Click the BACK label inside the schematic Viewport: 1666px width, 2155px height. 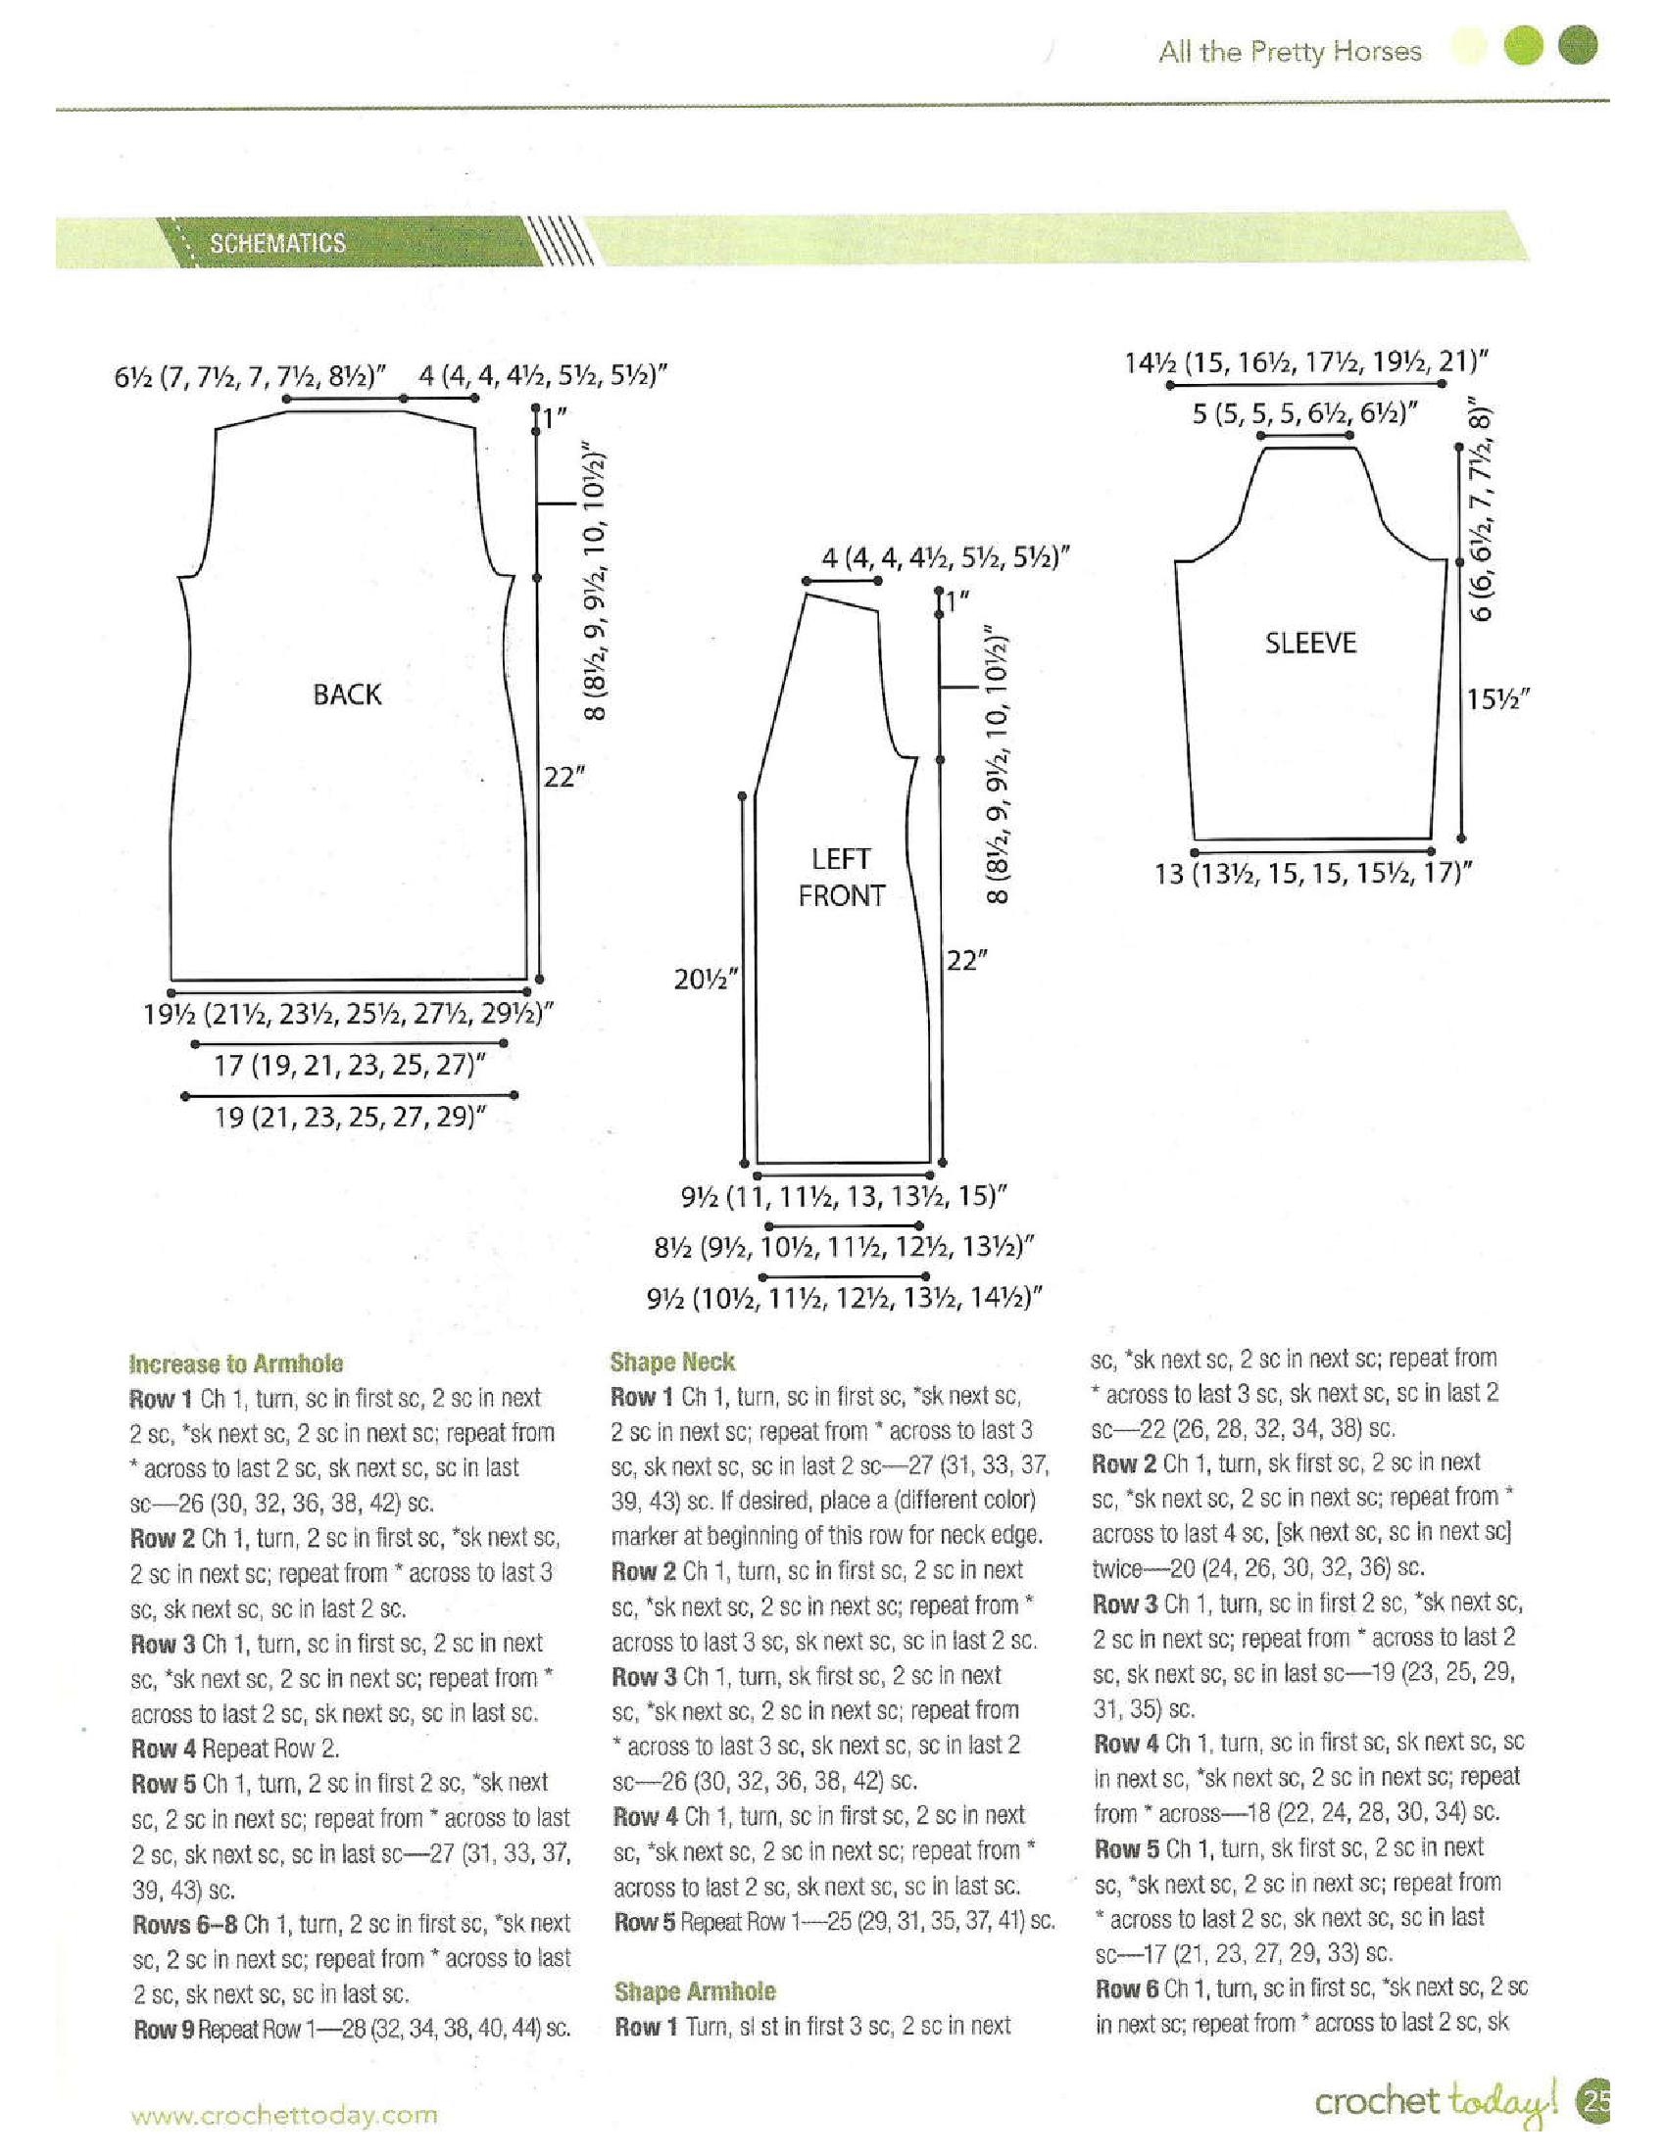coord(346,694)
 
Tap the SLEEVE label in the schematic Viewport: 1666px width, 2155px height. coord(1310,644)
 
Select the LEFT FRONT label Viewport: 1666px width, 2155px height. coord(841,878)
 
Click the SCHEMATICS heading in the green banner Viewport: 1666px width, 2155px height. coord(277,244)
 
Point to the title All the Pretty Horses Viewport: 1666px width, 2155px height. coord(1290,52)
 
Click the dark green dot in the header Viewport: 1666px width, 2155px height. coord(1577,46)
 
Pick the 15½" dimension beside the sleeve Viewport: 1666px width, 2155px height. coord(1497,699)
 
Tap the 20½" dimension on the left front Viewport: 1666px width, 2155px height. coord(707,980)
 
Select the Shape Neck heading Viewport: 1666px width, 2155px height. coord(672,1362)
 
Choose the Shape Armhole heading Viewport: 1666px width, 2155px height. coord(695,1991)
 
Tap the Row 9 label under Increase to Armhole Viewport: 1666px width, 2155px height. coord(164,2030)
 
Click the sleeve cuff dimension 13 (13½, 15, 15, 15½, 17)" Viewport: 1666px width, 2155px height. coord(1313,874)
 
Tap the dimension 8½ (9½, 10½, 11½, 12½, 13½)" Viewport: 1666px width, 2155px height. coord(844,1247)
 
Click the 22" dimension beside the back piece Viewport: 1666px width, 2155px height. coord(564,778)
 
